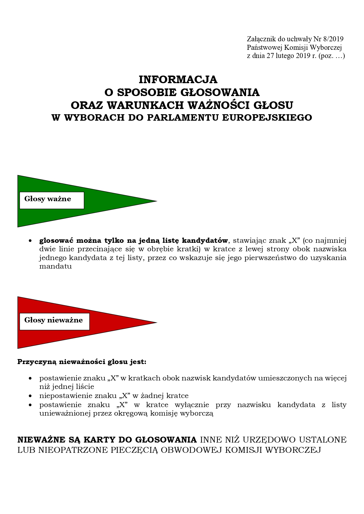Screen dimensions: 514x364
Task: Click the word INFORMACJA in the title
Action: (178, 79)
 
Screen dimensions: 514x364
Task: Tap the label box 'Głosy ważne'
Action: (52, 200)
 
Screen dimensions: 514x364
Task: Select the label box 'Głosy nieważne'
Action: (54, 321)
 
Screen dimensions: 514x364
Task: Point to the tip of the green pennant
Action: (156, 201)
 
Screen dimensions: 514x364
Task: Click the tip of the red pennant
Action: (156, 322)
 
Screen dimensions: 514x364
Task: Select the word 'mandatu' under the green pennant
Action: (55, 267)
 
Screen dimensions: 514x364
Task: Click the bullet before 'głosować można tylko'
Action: (30, 241)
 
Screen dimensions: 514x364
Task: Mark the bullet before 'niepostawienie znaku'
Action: (30, 396)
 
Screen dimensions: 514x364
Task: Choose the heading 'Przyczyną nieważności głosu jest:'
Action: (82, 362)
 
